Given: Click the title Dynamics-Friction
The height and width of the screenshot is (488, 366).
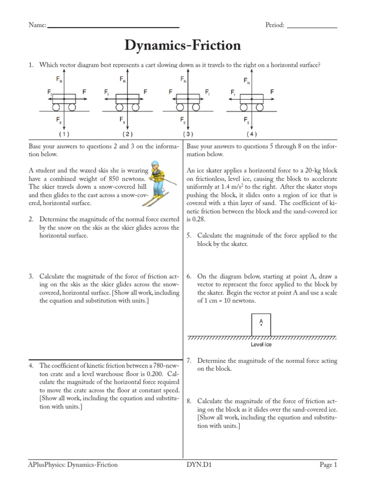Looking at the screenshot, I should tap(183, 46).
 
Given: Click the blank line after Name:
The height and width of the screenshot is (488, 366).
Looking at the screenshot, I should tap(113, 27).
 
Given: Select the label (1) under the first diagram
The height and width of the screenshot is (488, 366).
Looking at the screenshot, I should tap(63, 134).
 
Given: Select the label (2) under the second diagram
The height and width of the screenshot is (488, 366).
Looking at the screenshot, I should tap(126, 134).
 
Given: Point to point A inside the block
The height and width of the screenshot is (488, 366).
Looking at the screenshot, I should tap(261, 325).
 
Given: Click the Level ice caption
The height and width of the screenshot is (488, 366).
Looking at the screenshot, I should tap(261, 344).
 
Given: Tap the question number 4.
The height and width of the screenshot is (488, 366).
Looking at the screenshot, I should tap(31, 366).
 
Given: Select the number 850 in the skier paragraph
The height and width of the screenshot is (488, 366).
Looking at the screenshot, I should tap(115, 178).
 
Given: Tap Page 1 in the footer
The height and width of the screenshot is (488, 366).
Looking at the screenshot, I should tap(328, 465).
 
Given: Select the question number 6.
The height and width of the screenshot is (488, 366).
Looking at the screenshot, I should tap(189, 276).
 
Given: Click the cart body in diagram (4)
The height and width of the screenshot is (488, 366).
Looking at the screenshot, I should tap(251, 97).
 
